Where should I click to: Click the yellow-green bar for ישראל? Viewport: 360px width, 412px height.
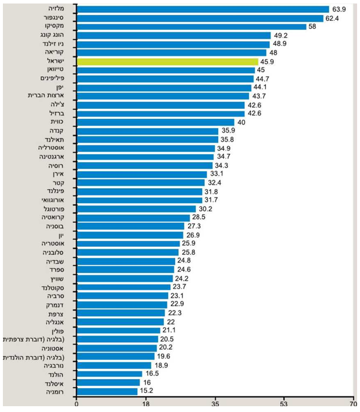point(167,61)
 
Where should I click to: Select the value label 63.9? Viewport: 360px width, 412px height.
point(339,9)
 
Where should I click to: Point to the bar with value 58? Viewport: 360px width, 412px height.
point(191,27)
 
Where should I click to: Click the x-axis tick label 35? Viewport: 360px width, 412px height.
point(215,403)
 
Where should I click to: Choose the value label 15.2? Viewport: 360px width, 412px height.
point(148,392)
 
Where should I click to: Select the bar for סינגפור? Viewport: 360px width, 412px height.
point(200,18)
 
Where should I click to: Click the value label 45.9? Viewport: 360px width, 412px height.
point(268,61)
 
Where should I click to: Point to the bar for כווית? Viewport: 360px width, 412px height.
point(155,122)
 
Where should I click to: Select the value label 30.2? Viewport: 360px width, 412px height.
point(206,208)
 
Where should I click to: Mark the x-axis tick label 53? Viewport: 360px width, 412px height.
point(284,403)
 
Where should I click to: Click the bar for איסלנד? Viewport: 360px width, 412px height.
point(108,383)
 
